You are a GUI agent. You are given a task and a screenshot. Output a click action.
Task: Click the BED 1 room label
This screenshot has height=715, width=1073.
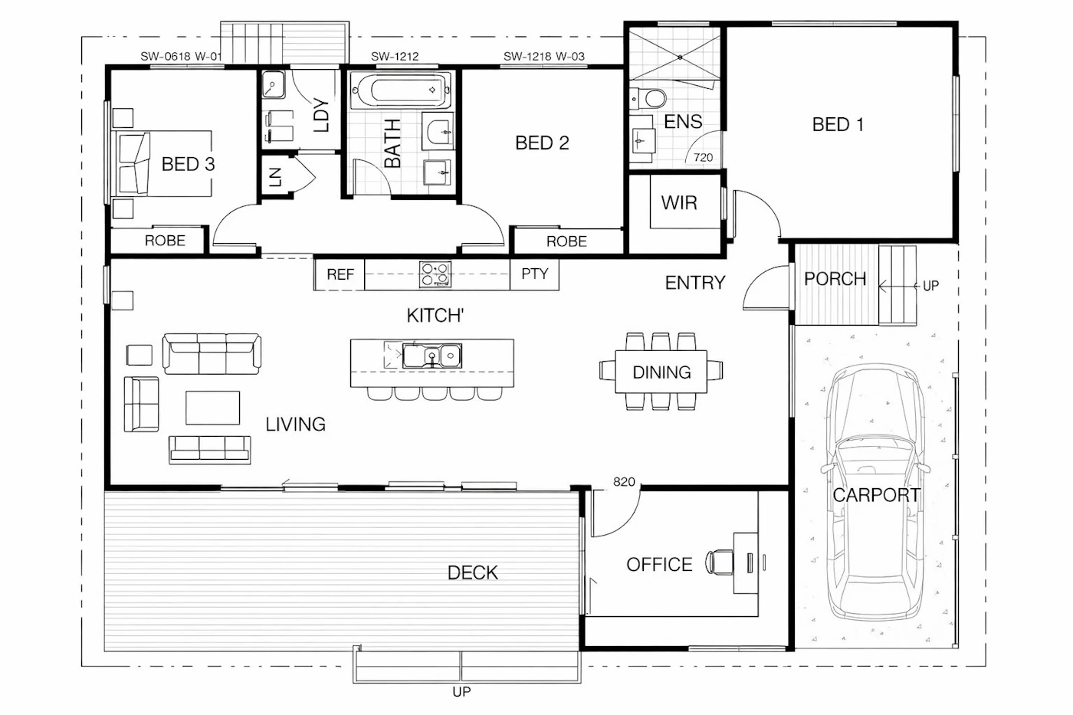point(838,124)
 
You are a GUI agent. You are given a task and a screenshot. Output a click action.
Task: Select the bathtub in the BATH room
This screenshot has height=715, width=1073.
point(401,90)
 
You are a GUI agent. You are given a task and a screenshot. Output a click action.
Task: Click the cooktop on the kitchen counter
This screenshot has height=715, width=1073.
point(435,274)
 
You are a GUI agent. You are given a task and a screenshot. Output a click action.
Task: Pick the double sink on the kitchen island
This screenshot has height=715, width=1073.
point(432,356)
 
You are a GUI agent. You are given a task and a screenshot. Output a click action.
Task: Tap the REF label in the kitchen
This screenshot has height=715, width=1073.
point(340,274)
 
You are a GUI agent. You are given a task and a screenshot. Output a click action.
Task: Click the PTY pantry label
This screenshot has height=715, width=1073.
point(535,274)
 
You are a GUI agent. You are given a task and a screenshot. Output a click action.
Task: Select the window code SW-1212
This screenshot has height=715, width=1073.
point(395,56)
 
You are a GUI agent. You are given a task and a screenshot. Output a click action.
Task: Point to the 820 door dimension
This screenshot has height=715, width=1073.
point(624,482)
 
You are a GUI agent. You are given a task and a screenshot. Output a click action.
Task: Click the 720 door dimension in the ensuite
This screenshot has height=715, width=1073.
point(703,157)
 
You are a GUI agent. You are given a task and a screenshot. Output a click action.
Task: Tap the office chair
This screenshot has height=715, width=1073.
point(720,562)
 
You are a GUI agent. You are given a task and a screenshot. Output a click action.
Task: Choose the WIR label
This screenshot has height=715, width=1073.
point(679,202)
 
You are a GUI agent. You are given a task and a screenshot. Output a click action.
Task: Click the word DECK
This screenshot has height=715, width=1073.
point(472,572)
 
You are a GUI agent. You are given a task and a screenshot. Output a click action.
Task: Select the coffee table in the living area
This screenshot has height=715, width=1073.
point(213,408)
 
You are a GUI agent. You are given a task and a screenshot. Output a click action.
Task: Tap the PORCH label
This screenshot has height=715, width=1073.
point(835,279)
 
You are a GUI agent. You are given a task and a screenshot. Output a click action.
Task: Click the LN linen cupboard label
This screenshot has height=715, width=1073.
point(275,177)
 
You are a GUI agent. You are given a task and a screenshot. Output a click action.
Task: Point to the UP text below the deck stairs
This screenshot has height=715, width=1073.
point(461,691)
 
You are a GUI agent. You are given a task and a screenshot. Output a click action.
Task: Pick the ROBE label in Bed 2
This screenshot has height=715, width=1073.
point(566,241)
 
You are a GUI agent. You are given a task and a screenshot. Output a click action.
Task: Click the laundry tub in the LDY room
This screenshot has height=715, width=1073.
point(274,84)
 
